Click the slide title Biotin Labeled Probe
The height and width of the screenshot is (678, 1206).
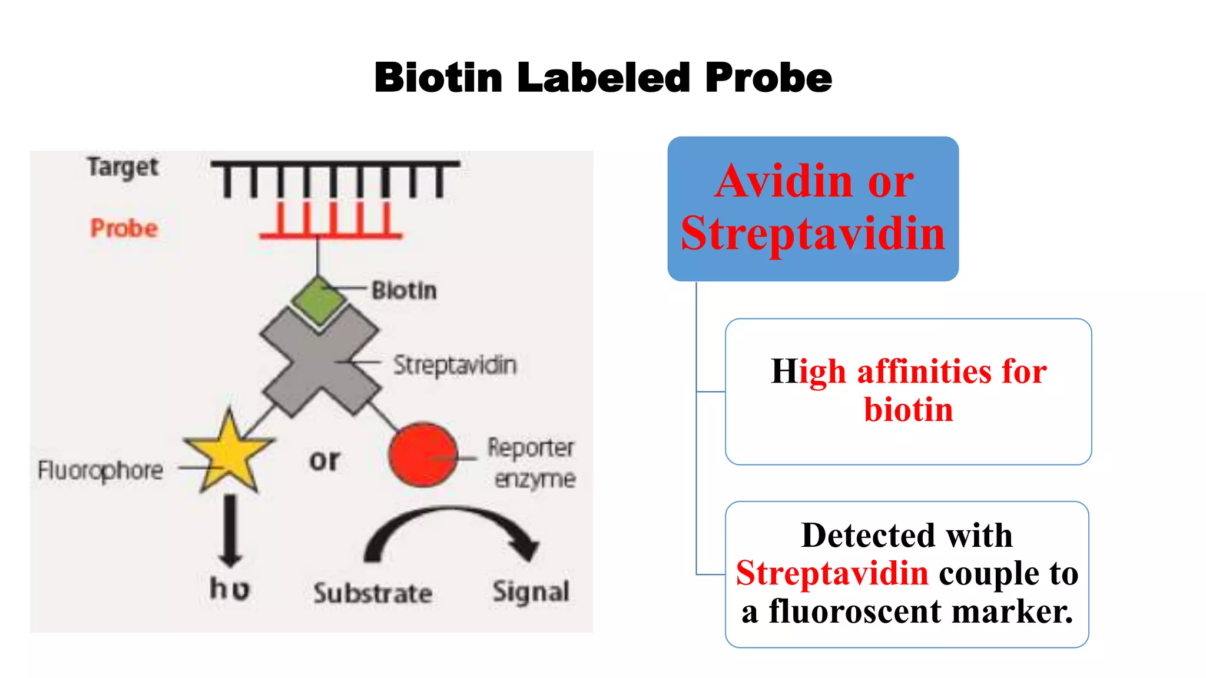click(x=603, y=78)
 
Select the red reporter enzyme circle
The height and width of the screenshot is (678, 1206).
click(x=423, y=454)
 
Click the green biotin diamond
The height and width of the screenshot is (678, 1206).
click(x=319, y=300)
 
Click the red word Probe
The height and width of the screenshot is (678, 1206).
click(x=124, y=228)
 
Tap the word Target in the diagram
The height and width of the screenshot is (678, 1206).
click(x=122, y=168)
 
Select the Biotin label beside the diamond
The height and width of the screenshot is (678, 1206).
click(x=405, y=291)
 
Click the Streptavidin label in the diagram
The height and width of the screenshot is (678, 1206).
click(x=455, y=365)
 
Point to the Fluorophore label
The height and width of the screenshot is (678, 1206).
click(x=100, y=470)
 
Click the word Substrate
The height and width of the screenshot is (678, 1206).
click(x=373, y=593)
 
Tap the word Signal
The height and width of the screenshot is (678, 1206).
click(x=531, y=592)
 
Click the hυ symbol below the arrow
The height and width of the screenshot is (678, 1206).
click(x=230, y=589)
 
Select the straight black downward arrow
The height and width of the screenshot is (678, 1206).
click(x=230, y=530)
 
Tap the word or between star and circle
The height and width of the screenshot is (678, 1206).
click(x=324, y=460)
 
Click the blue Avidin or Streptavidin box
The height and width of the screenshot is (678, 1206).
click(x=813, y=208)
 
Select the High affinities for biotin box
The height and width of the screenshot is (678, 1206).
click(x=908, y=391)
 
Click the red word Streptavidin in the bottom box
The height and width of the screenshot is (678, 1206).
click(x=832, y=573)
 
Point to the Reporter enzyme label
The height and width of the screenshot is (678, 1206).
click(x=532, y=463)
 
